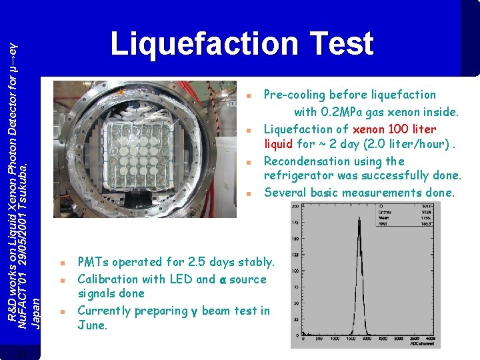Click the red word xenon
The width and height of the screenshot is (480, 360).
(372, 129)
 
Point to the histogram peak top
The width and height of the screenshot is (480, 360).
(359, 220)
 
